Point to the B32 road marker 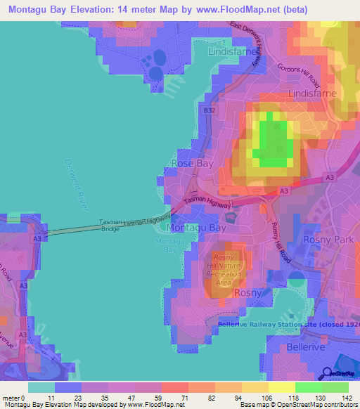pos(209,110)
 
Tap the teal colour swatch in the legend pos(41,387)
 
